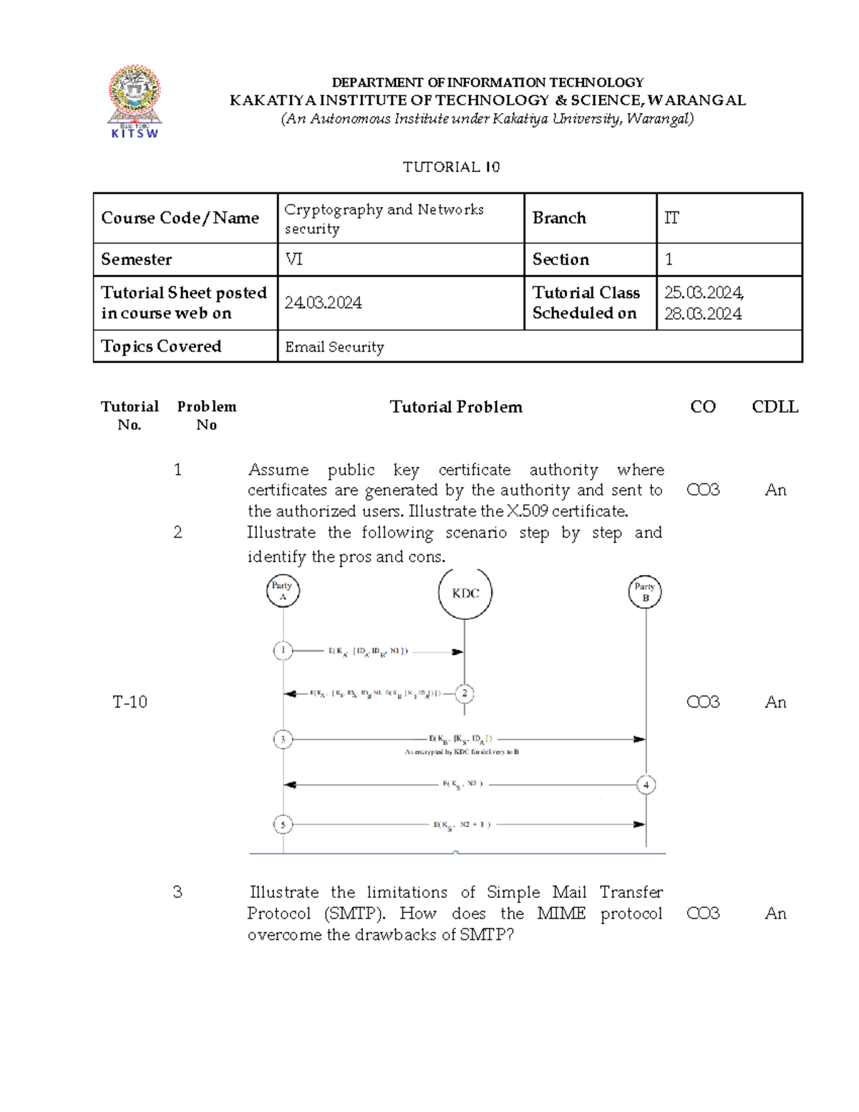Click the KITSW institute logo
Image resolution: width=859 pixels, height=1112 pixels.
point(135,101)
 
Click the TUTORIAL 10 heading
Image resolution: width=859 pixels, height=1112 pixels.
point(451,167)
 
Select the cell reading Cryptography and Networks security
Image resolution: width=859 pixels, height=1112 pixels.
point(384,218)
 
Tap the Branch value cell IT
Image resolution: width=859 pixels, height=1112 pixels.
point(671,218)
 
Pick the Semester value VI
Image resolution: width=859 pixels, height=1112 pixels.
point(294,259)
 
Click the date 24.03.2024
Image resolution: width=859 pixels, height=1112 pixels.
point(323,303)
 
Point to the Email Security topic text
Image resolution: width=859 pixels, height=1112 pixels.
point(334,347)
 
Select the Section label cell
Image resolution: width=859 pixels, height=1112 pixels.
point(560,259)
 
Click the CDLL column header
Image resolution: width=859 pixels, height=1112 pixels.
point(775,407)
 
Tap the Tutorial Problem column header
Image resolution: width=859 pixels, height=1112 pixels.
point(456,407)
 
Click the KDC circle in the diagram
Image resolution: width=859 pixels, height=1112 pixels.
point(465,593)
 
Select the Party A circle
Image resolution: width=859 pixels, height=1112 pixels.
point(283,591)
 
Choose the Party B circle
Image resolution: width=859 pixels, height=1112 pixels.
point(645,592)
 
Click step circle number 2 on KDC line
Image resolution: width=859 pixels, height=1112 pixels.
point(465,693)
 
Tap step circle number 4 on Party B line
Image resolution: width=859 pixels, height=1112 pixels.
point(646,785)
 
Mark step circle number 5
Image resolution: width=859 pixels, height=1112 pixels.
point(283,825)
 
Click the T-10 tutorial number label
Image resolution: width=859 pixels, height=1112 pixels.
point(130,702)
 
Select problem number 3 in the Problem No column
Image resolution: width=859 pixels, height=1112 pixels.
point(178,892)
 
